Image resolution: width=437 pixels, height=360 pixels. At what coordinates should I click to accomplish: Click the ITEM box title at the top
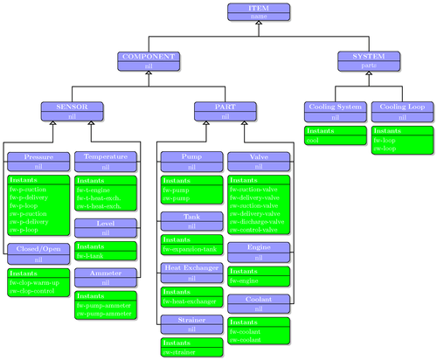tap(259, 7)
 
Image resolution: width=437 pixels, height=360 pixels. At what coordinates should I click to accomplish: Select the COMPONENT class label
tap(149, 56)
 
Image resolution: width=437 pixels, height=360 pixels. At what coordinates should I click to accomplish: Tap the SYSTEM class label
tap(369, 56)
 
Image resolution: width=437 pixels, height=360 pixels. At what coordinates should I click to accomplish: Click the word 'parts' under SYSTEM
tap(369, 66)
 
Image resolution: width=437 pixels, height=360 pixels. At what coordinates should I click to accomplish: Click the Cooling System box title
tap(335, 107)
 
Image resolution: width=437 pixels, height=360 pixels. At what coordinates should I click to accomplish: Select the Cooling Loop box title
tap(401, 107)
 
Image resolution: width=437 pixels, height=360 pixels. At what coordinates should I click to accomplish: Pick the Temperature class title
tap(106, 156)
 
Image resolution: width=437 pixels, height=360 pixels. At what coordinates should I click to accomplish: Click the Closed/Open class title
tap(38, 249)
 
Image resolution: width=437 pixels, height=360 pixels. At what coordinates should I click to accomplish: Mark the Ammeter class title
tap(106, 273)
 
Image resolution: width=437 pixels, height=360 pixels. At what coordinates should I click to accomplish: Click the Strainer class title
tap(191, 321)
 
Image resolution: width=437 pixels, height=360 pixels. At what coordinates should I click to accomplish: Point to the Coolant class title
tap(258, 299)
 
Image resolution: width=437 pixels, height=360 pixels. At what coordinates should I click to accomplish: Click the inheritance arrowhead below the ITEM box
tap(259, 25)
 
